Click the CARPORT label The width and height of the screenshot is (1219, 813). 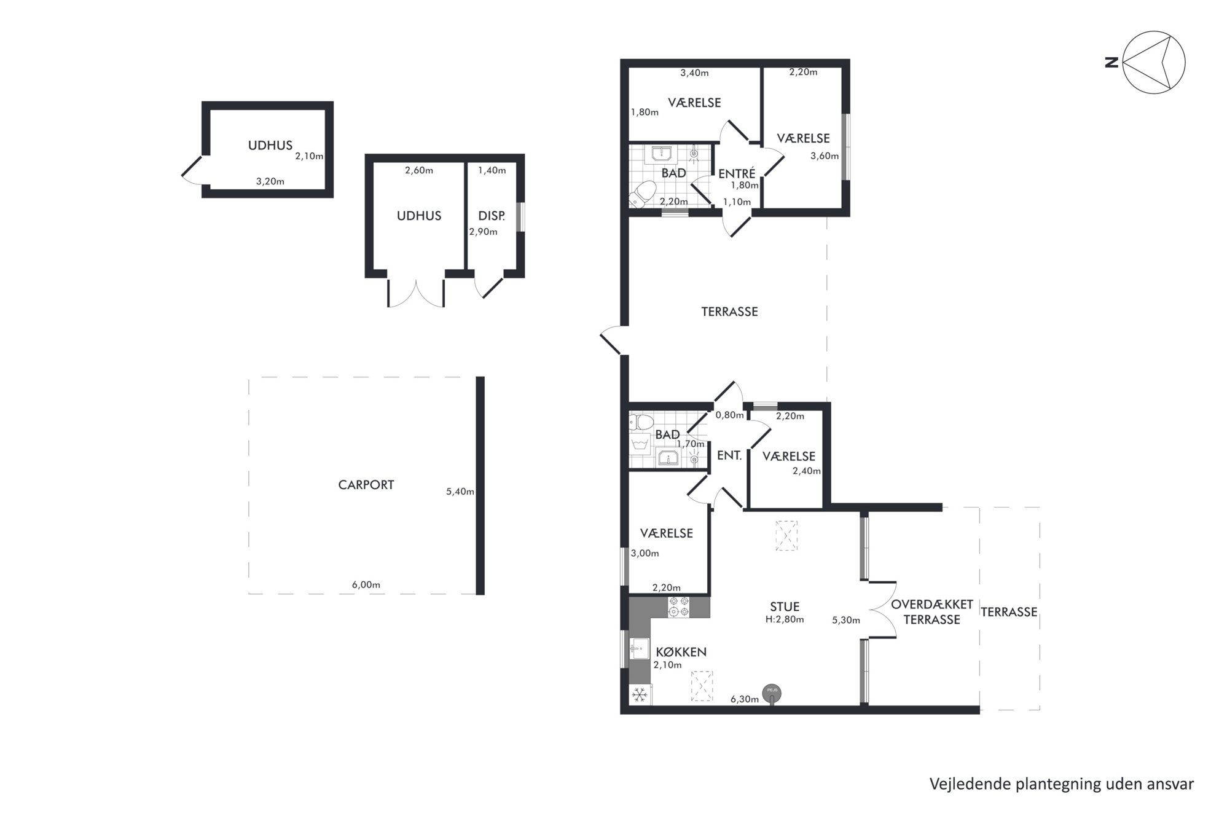coord(366,485)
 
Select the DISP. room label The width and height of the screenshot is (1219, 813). coord(492,216)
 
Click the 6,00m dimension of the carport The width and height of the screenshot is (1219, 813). coord(366,584)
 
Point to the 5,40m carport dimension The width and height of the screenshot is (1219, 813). coord(460,492)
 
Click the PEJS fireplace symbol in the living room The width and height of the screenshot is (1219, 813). coord(772,693)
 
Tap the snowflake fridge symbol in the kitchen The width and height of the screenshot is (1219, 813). coord(640,695)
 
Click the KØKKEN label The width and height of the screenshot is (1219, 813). coord(681,652)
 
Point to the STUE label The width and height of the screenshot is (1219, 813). coord(785,607)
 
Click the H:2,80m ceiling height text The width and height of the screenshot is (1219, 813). coord(785,620)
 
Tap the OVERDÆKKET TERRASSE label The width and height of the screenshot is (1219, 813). coord(931,612)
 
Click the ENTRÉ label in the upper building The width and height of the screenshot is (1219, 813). coord(737,174)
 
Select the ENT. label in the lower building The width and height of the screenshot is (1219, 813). coord(729,456)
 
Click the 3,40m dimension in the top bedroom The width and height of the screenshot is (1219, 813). coord(694,73)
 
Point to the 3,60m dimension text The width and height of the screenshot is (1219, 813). coord(825,156)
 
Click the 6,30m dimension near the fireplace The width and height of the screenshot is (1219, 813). coord(745,699)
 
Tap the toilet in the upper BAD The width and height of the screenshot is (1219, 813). coord(640,195)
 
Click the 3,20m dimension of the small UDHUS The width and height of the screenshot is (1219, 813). coord(270,181)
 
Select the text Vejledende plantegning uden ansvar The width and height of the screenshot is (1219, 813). coord(1062,784)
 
